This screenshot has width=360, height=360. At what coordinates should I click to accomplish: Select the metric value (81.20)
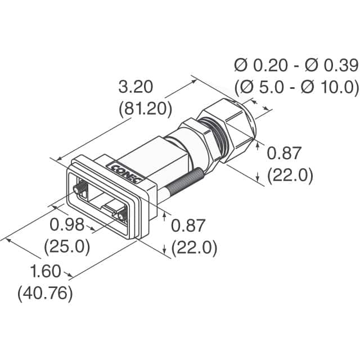(x=145, y=108)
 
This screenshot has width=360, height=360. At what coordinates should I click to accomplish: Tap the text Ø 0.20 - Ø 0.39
(x=296, y=66)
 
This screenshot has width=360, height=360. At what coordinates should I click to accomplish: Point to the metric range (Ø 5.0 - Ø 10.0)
(x=296, y=87)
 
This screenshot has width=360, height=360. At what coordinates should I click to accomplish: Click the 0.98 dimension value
(x=67, y=225)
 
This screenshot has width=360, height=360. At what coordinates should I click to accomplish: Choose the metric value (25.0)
(x=67, y=246)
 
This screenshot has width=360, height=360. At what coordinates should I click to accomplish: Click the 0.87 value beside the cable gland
(x=284, y=153)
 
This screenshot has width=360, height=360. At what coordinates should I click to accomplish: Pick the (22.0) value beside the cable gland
(x=290, y=175)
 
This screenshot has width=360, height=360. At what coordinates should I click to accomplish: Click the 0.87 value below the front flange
(x=188, y=226)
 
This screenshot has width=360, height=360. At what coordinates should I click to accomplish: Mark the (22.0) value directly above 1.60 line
(x=194, y=247)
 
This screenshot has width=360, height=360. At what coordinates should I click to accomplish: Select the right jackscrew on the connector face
(x=120, y=215)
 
